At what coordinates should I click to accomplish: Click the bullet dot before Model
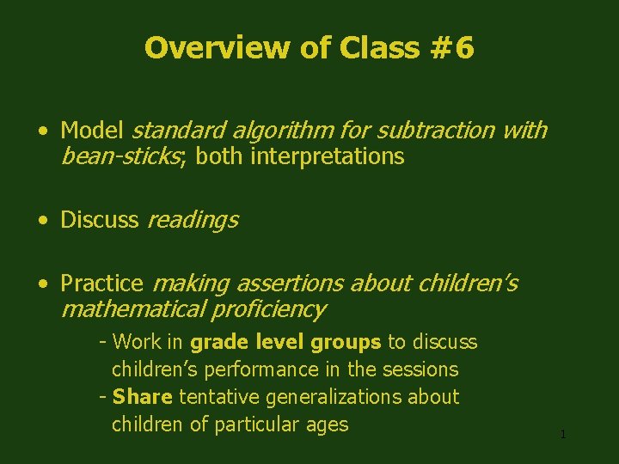[x=42, y=131]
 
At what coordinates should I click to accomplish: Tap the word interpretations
[x=328, y=156]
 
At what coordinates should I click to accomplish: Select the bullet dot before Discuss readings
[x=42, y=221]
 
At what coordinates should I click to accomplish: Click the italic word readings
[x=193, y=220]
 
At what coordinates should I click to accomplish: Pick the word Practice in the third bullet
[x=101, y=284]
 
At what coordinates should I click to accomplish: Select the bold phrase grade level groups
[x=285, y=342]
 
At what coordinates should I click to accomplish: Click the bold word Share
[x=143, y=397]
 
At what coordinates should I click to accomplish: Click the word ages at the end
[x=327, y=424]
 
